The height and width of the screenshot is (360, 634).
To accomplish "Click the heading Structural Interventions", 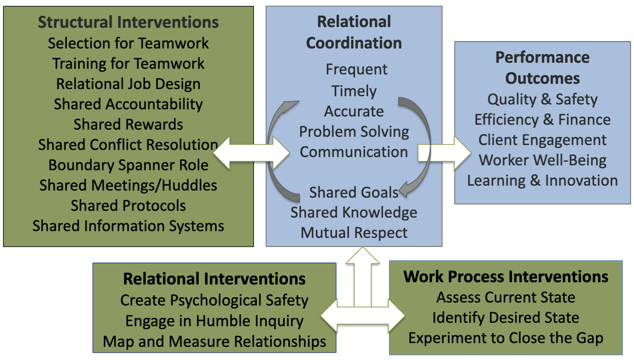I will [x=128, y=22].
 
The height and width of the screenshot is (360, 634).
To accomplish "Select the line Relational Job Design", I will [x=128, y=84].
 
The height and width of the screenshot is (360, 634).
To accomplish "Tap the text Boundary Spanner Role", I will [x=128, y=165].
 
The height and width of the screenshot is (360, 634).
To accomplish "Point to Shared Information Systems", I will [x=128, y=226].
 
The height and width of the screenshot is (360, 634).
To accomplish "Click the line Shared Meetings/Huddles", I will [x=128, y=185].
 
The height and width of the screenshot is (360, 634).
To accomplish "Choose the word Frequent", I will [x=356, y=70].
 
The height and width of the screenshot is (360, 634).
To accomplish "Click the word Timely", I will [x=354, y=91].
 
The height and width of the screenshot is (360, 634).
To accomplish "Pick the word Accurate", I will [x=354, y=111].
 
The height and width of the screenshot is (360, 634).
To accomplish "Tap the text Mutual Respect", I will [x=354, y=233].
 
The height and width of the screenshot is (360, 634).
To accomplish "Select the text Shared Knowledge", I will [x=354, y=212].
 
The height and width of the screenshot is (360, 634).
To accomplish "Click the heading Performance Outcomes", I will [x=542, y=68].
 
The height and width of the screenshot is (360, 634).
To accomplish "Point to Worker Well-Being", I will [x=542, y=160].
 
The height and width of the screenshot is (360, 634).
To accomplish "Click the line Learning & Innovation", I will [x=542, y=180].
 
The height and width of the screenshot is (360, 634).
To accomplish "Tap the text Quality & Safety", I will [x=542, y=99].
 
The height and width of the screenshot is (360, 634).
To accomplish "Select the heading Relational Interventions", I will [x=214, y=279].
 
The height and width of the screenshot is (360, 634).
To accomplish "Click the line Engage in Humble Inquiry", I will [x=214, y=321].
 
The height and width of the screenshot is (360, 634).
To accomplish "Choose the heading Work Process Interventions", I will [x=506, y=277].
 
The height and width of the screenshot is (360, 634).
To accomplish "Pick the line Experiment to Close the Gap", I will [x=506, y=338].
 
